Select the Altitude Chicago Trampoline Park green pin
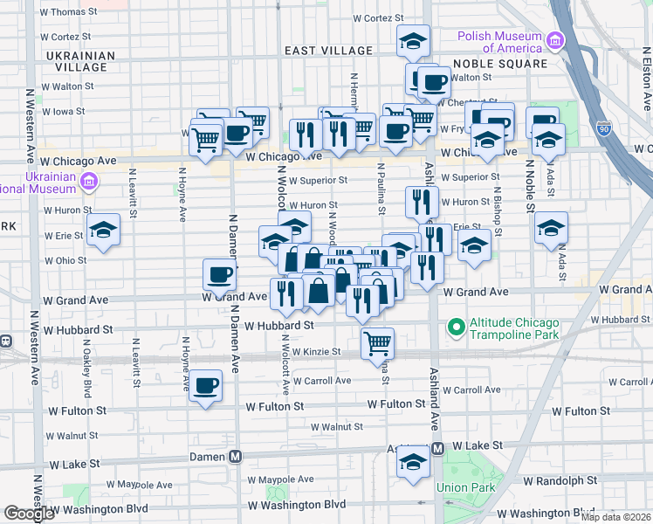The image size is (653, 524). click(455, 328)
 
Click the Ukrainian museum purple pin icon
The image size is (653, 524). click(88, 182)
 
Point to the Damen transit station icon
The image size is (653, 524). click(235, 457)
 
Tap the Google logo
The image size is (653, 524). click(29, 514)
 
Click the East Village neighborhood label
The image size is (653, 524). click(316, 52)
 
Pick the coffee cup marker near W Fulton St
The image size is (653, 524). click(206, 385)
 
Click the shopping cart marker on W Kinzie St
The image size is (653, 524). click(377, 342)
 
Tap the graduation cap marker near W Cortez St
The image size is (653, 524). click(413, 40)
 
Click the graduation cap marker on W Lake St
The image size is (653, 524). click(413, 463)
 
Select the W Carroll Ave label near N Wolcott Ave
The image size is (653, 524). click(322, 381)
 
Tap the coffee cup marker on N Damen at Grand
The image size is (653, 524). click(219, 274)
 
